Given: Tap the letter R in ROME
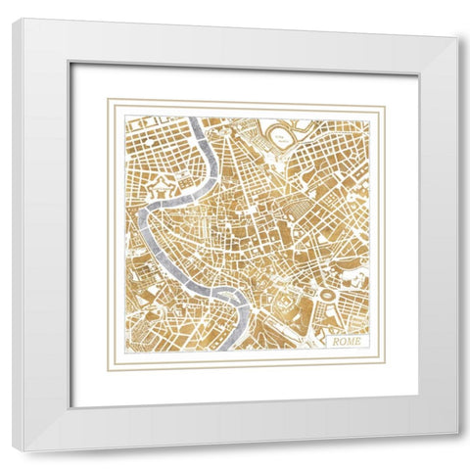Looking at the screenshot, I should [336, 342].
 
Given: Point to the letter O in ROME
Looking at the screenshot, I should [342, 342].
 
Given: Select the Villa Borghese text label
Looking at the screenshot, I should [281, 136].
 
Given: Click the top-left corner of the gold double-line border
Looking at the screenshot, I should [108, 99].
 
